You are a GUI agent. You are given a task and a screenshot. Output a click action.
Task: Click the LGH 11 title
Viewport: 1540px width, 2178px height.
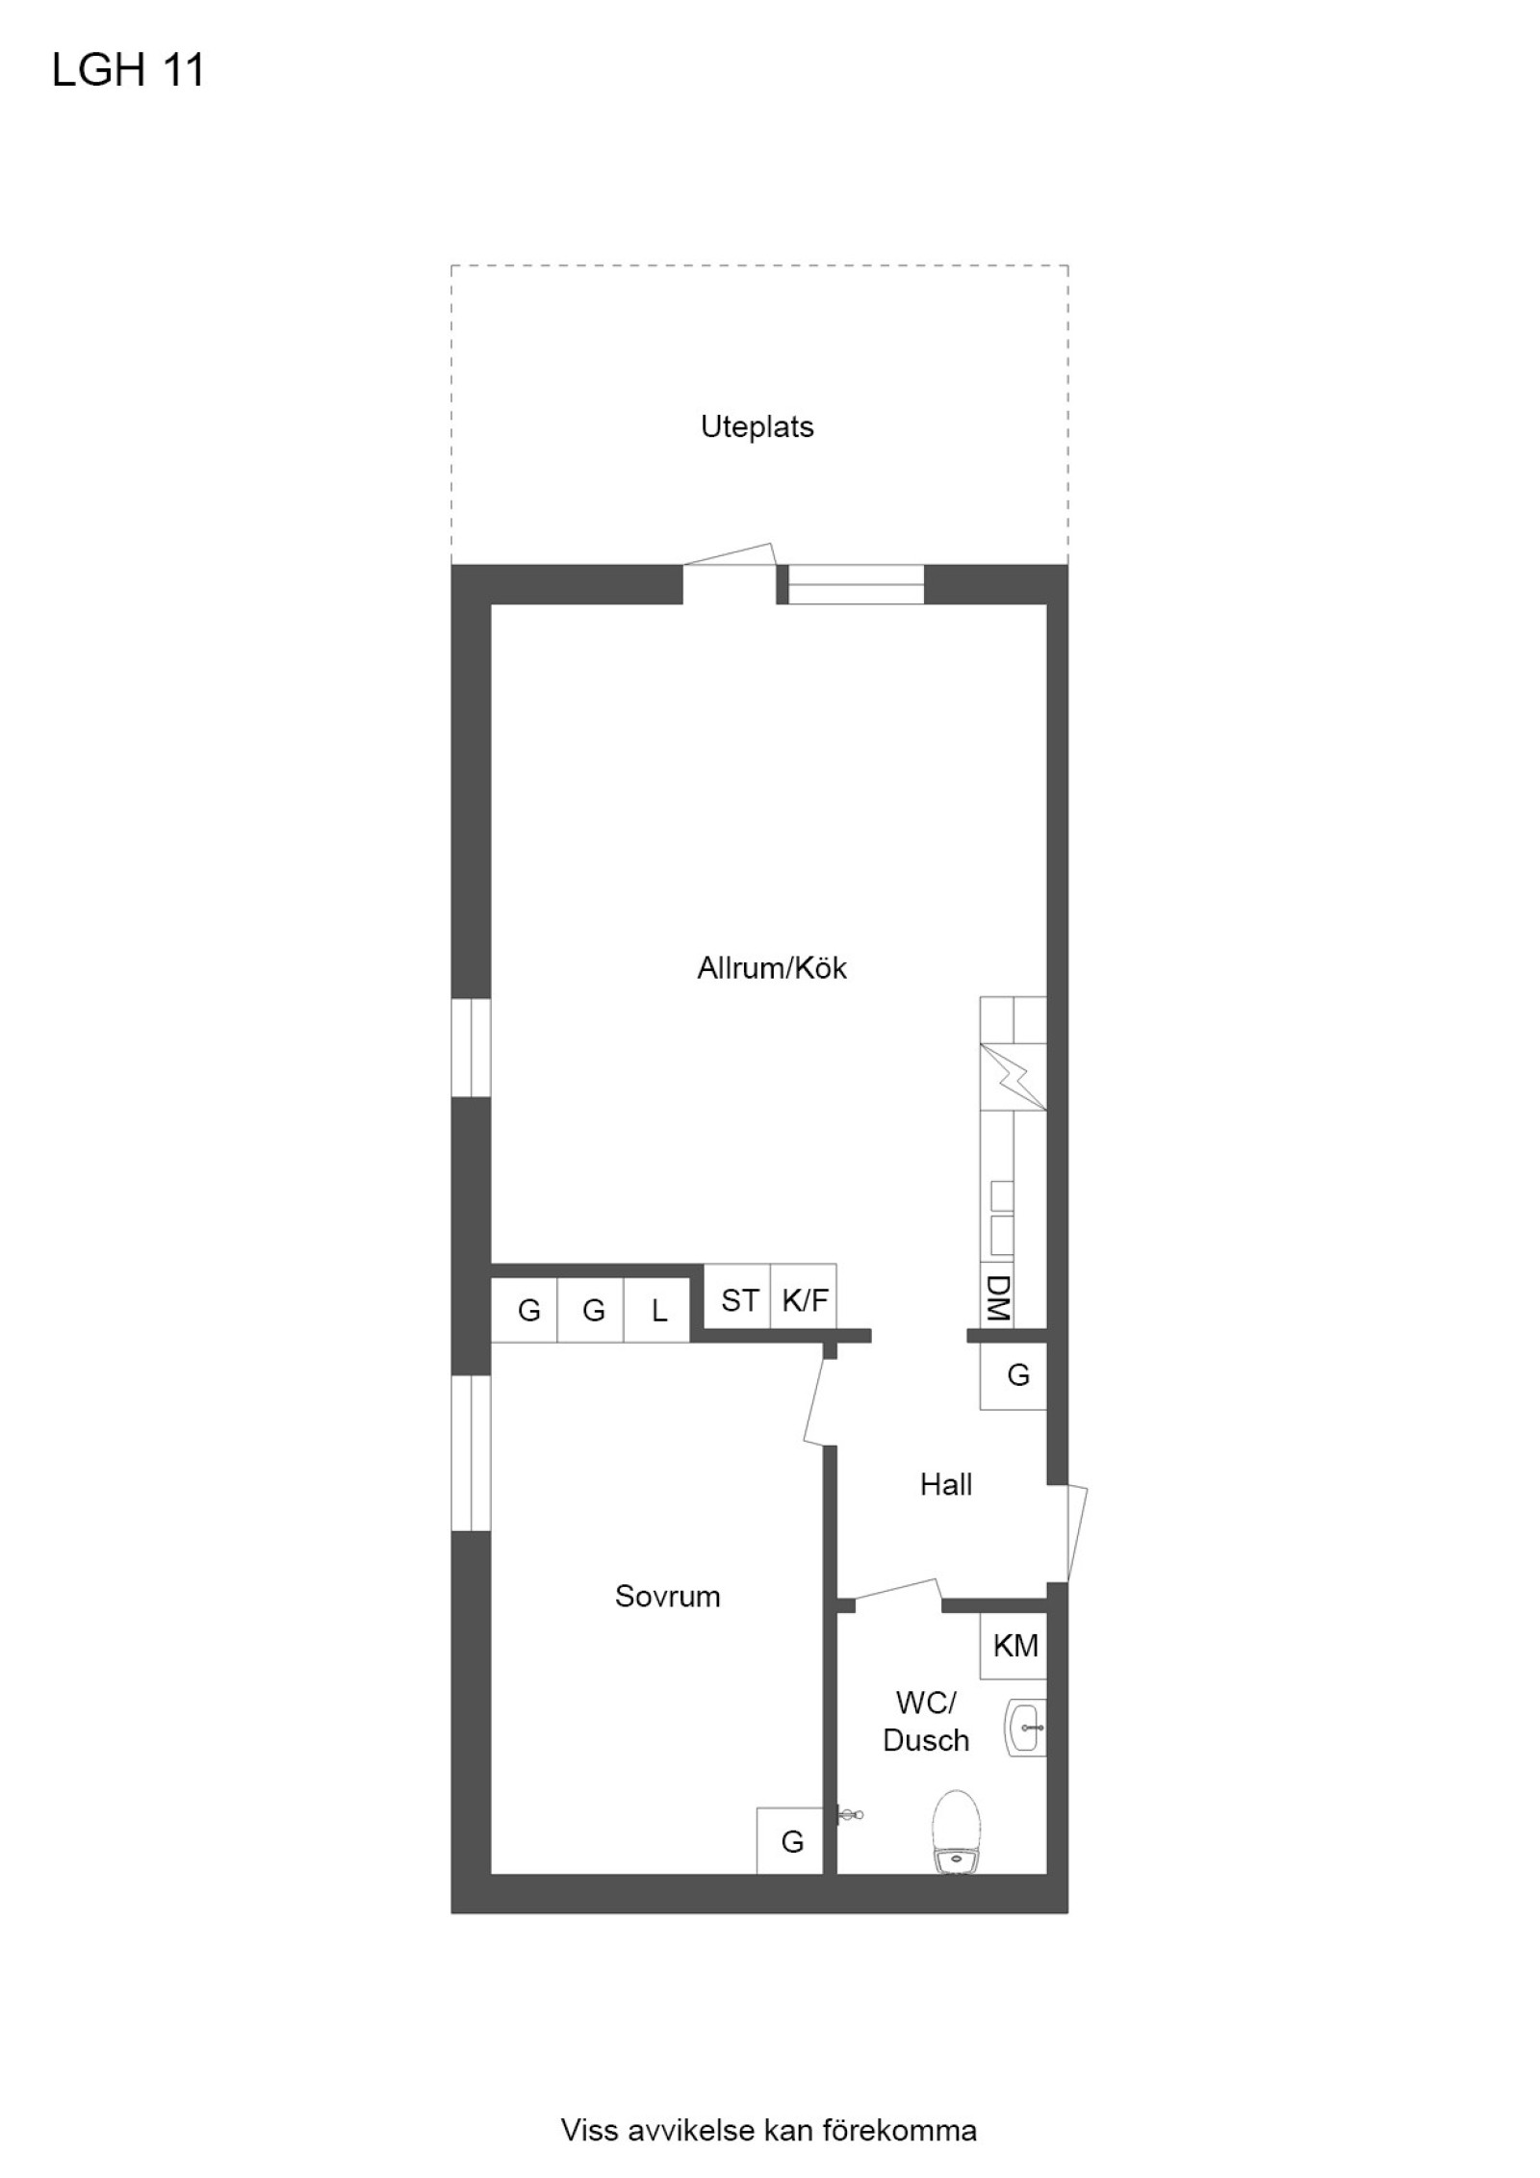(128, 71)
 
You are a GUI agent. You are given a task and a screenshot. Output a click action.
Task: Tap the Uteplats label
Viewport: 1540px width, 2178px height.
(757, 426)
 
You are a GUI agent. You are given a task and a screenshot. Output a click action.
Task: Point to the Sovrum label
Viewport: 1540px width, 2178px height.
(667, 1596)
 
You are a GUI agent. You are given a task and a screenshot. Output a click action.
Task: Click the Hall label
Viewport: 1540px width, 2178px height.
(945, 1484)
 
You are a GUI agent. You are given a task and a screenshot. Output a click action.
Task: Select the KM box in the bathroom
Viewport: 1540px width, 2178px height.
(1014, 1646)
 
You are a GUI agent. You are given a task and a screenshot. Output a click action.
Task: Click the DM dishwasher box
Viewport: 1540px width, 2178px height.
(997, 1298)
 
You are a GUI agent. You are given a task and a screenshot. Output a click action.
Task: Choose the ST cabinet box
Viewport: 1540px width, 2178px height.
(738, 1301)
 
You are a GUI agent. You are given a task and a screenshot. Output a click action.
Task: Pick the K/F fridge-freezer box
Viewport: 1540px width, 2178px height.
(804, 1301)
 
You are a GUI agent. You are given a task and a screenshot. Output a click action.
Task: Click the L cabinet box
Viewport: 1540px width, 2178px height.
(658, 1310)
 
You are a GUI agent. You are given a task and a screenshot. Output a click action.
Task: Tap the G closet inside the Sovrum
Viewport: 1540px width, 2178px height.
(790, 1841)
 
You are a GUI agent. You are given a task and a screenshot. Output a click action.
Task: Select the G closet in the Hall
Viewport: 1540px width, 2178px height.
(1016, 1375)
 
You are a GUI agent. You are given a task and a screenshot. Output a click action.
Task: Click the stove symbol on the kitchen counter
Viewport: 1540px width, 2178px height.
(1013, 1075)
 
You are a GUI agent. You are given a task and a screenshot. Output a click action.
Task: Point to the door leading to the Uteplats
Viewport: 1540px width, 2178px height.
(730, 568)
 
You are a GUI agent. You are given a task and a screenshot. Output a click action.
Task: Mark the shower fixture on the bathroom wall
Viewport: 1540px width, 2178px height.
(849, 1815)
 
